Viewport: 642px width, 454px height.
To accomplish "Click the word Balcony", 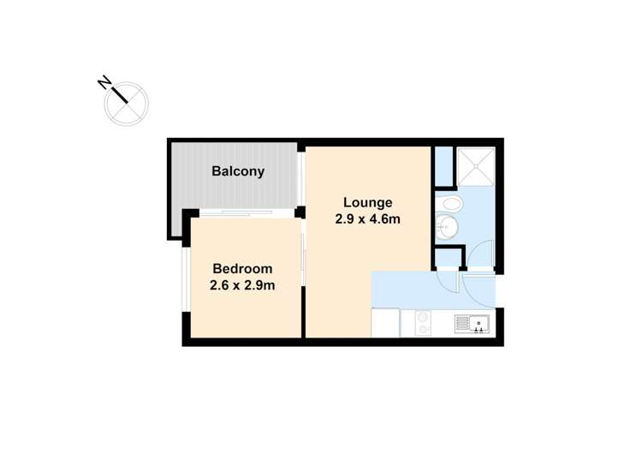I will coord(238,171).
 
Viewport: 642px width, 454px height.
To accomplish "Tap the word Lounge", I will coord(368,203).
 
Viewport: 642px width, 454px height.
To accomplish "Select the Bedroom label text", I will coord(242,268).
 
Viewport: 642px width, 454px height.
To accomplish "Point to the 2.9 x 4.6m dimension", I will coord(368,219).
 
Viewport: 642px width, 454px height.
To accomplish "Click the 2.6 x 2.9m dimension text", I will coord(242,285).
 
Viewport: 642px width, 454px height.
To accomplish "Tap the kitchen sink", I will coord(472,323).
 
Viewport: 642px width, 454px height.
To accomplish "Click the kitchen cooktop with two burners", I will coord(423,323).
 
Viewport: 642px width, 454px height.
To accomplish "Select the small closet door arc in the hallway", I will coord(448,278).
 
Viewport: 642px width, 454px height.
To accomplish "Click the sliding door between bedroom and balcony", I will coord(245,213).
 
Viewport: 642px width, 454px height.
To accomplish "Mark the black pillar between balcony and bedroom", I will coord(300,212).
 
